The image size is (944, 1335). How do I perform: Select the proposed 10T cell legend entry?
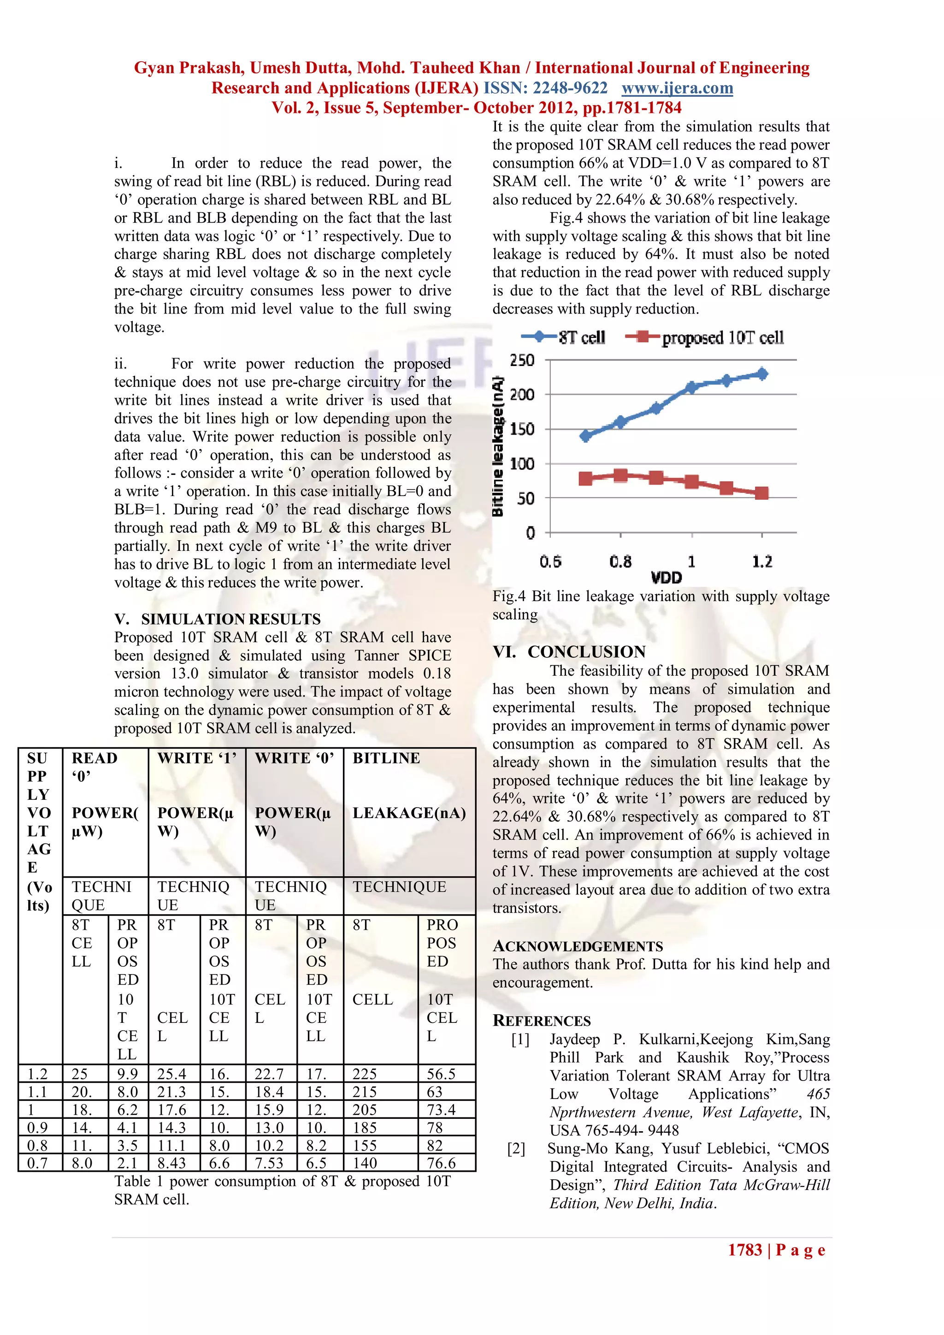click(704, 337)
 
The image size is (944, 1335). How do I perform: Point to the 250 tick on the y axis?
click(522, 360)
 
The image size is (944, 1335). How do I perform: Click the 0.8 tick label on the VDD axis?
click(620, 561)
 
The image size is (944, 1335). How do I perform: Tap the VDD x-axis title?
click(666, 577)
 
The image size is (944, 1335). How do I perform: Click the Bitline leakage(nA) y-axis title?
click(498, 447)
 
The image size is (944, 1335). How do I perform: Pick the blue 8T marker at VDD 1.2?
click(762, 374)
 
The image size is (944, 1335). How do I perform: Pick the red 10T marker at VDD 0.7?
click(585, 478)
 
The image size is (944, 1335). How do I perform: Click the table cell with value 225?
click(365, 1074)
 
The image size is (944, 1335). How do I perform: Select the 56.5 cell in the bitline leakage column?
click(441, 1074)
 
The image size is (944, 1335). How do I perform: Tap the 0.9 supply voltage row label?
click(38, 1128)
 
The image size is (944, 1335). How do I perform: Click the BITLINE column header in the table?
click(387, 758)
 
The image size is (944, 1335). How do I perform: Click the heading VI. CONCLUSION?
click(569, 652)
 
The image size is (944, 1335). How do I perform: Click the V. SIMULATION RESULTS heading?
click(218, 619)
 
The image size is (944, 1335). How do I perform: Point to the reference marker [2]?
click(516, 1148)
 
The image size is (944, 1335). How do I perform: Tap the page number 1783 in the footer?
click(744, 1250)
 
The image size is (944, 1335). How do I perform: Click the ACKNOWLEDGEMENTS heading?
click(578, 946)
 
